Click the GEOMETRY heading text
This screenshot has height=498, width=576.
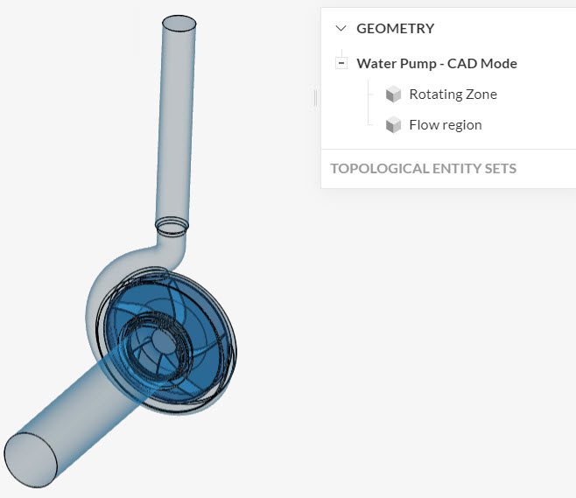click(395, 28)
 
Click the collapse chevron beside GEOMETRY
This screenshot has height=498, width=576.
click(341, 28)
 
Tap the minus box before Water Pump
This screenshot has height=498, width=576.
click(341, 63)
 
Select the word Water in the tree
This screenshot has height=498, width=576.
click(376, 64)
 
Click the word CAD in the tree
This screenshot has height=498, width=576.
click(463, 64)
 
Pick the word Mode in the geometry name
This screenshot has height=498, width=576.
click(499, 64)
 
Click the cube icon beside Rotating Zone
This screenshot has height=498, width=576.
click(393, 95)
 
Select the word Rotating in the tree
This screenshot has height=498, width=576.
click(436, 95)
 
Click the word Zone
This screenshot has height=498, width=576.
click(481, 95)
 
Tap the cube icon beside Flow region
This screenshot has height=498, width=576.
click(393, 125)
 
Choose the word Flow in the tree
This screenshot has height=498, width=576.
click(424, 125)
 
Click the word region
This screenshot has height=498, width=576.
click(462, 125)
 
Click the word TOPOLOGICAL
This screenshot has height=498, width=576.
click(379, 168)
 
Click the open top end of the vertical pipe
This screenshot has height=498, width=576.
click(179, 23)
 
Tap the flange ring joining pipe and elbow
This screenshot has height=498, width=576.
click(172, 227)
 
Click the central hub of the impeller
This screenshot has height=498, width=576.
click(163, 338)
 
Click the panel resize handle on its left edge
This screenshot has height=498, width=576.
click(315, 98)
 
